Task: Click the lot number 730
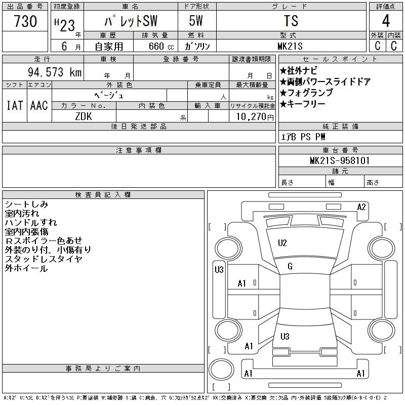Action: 25,21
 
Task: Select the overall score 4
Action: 386,21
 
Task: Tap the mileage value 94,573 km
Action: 55,72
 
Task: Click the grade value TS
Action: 291,21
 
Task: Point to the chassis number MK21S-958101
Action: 340,160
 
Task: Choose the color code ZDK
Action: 84,116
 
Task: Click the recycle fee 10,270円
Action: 255,117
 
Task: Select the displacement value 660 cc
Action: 161,46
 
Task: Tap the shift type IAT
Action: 15,105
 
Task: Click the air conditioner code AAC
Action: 39,105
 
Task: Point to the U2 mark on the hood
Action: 282,243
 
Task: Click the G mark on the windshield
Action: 290,266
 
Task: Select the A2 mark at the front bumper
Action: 361,207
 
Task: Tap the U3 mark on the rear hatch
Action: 285,336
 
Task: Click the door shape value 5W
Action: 196,21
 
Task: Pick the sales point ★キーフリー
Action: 302,104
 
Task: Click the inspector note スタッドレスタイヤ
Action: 44,259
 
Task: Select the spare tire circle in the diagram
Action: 221,369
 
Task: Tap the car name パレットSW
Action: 131,21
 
